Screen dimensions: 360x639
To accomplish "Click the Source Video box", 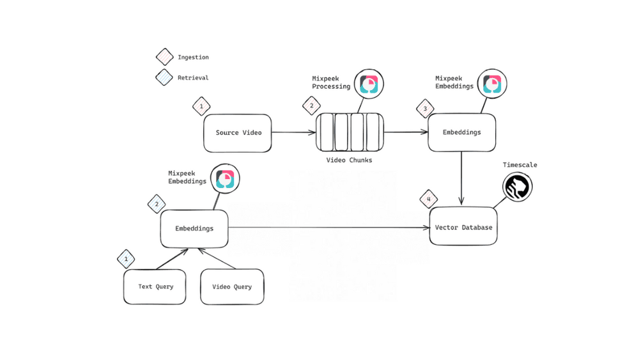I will click(x=237, y=133).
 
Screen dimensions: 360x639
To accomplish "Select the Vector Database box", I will click(x=463, y=226).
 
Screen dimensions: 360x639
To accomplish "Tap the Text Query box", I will click(x=155, y=286).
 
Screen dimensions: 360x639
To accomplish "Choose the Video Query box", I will click(x=232, y=286).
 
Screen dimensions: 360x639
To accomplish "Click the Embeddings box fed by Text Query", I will click(x=194, y=228).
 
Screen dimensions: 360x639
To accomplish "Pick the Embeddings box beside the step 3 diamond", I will click(x=461, y=132).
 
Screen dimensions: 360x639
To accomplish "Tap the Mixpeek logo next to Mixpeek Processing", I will click(x=369, y=83).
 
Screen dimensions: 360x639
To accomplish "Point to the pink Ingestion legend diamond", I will click(x=164, y=57).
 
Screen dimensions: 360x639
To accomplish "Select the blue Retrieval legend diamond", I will click(x=164, y=77).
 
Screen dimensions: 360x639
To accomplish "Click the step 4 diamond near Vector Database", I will click(x=429, y=199).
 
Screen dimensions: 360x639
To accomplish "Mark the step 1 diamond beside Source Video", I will click(x=201, y=106).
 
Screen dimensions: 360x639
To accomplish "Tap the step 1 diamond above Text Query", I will click(x=126, y=259).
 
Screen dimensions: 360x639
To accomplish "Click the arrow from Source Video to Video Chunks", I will click(x=294, y=133).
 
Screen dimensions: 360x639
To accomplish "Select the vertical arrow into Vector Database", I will click(x=461, y=179).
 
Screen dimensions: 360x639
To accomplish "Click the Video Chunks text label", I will click(x=350, y=159).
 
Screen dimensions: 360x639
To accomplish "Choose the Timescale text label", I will click(x=520, y=165).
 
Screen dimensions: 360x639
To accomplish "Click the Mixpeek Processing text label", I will click(x=330, y=82).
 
